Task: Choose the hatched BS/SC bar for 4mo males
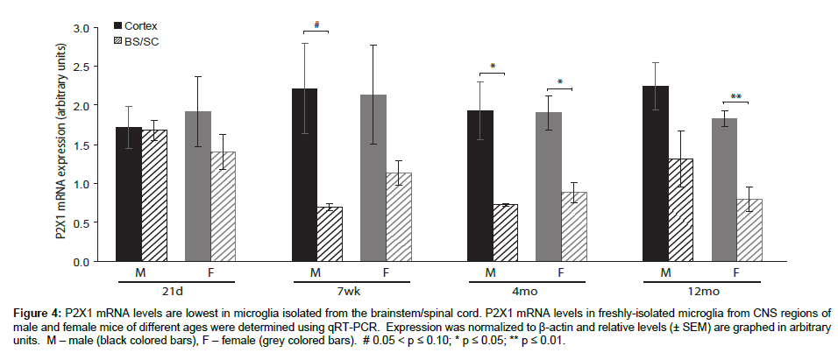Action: point(503,233)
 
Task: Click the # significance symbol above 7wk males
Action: point(315,25)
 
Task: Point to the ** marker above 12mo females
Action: point(737,96)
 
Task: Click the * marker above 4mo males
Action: point(493,67)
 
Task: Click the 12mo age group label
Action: point(700,289)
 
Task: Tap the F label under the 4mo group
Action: point(563,272)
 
